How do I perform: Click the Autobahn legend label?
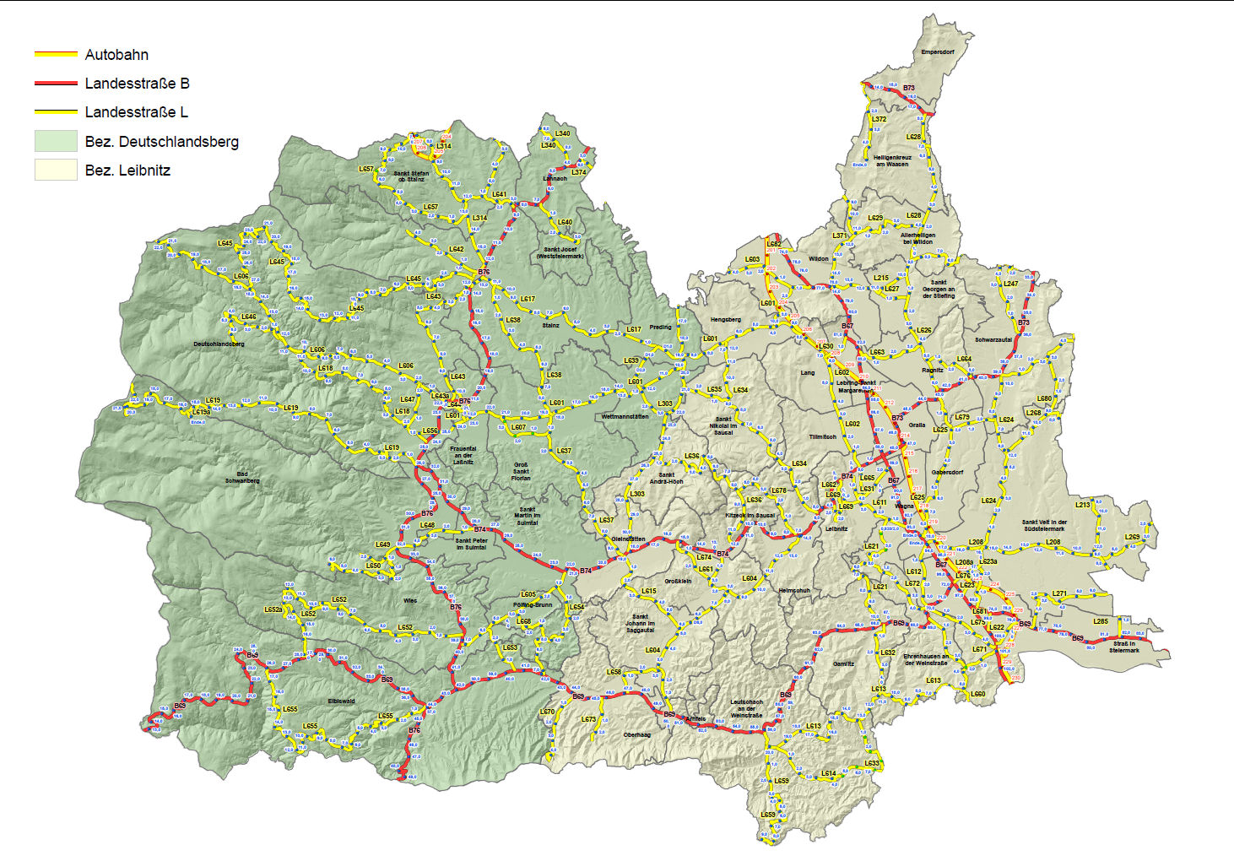(x=116, y=55)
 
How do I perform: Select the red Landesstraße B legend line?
(x=56, y=84)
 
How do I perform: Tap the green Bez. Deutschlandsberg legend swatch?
(x=56, y=141)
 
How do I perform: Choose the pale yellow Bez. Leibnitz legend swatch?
(x=56, y=170)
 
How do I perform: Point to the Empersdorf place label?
(x=938, y=52)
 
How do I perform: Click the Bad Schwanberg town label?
(x=242, y=478)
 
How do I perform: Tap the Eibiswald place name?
(x=341, y=701)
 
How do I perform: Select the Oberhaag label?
(x=636, y=734)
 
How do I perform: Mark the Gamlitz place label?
(x=843, y=663)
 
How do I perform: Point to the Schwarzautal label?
(x=993, y=340)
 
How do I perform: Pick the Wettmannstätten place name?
(x=625, y=417)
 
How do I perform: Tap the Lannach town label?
(x=555, y=179)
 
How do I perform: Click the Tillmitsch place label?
(x=823, y=437)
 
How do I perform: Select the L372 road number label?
(x=879, y=119)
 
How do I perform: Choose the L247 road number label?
(x=1010, y=284)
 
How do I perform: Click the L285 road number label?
(x=1101, y=621)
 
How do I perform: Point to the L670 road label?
(x=548, y=712)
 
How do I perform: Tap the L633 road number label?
(x=872, y=763)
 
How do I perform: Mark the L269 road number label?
(x=1132, y=537)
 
